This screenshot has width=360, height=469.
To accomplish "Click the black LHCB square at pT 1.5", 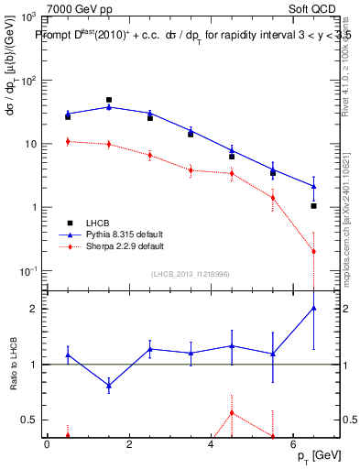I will [x=109, y=100].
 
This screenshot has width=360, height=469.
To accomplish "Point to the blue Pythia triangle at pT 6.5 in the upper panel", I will [x=313, y=186].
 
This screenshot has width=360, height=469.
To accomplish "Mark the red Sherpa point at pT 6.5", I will [x=313, y=251].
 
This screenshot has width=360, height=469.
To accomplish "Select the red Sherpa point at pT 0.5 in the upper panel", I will [x=68, y=141].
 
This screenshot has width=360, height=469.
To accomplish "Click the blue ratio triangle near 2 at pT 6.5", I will [x=313, y=308].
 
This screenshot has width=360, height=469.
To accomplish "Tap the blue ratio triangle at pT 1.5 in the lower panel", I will [x=109, y=386].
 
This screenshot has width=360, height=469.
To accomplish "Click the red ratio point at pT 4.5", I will [x=232, y=412].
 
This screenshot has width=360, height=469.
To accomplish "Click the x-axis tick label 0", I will [x=47, y=445].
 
